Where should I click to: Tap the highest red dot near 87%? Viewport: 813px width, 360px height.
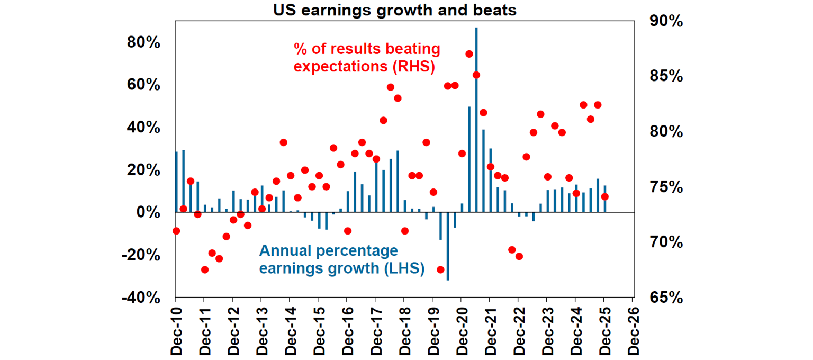pyautogui.click(x=469, y=54)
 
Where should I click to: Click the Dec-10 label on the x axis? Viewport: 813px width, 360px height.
pyautogui.click(x=176, y=331)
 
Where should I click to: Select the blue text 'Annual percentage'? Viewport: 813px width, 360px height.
pyautogui.click(x=328, y=250)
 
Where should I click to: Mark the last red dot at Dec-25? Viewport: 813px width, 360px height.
pyautogui.click(x=605, y=197)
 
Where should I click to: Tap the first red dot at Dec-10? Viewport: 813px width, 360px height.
pyautogui.click(x=176, y=231)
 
